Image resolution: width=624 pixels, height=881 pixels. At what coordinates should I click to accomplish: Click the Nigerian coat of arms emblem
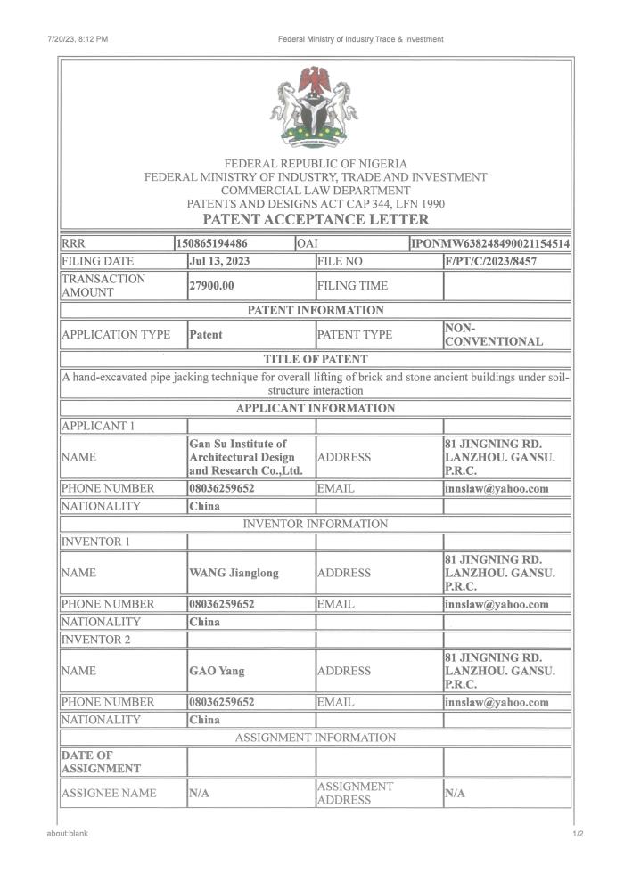coord(315,106)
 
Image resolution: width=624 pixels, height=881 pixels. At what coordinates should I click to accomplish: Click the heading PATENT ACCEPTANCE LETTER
coord(316,219)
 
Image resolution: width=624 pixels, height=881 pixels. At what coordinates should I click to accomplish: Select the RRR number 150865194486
coord(213,243)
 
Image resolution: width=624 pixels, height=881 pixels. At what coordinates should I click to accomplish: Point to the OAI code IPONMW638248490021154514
coord(491,243)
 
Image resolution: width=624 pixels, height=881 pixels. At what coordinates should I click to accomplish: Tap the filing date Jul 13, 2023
coord(219,262)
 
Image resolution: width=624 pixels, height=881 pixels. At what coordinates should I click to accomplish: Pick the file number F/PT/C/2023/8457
coord(490,262)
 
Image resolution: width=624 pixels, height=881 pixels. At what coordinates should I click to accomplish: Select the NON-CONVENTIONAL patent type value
coord(493,335)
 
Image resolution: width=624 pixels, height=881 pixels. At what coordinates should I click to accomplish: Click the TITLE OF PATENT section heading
coord(316,359)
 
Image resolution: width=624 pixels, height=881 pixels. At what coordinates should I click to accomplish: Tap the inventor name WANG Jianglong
coord(234,573)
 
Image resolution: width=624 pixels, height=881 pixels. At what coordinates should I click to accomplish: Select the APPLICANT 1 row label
coord(97,426)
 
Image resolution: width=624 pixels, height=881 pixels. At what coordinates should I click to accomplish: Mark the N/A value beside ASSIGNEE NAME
coord(199,793)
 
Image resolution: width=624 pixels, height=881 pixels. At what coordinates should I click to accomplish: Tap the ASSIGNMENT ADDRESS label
coord(355,793)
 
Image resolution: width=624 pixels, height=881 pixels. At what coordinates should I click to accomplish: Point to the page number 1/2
coord(578,834)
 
